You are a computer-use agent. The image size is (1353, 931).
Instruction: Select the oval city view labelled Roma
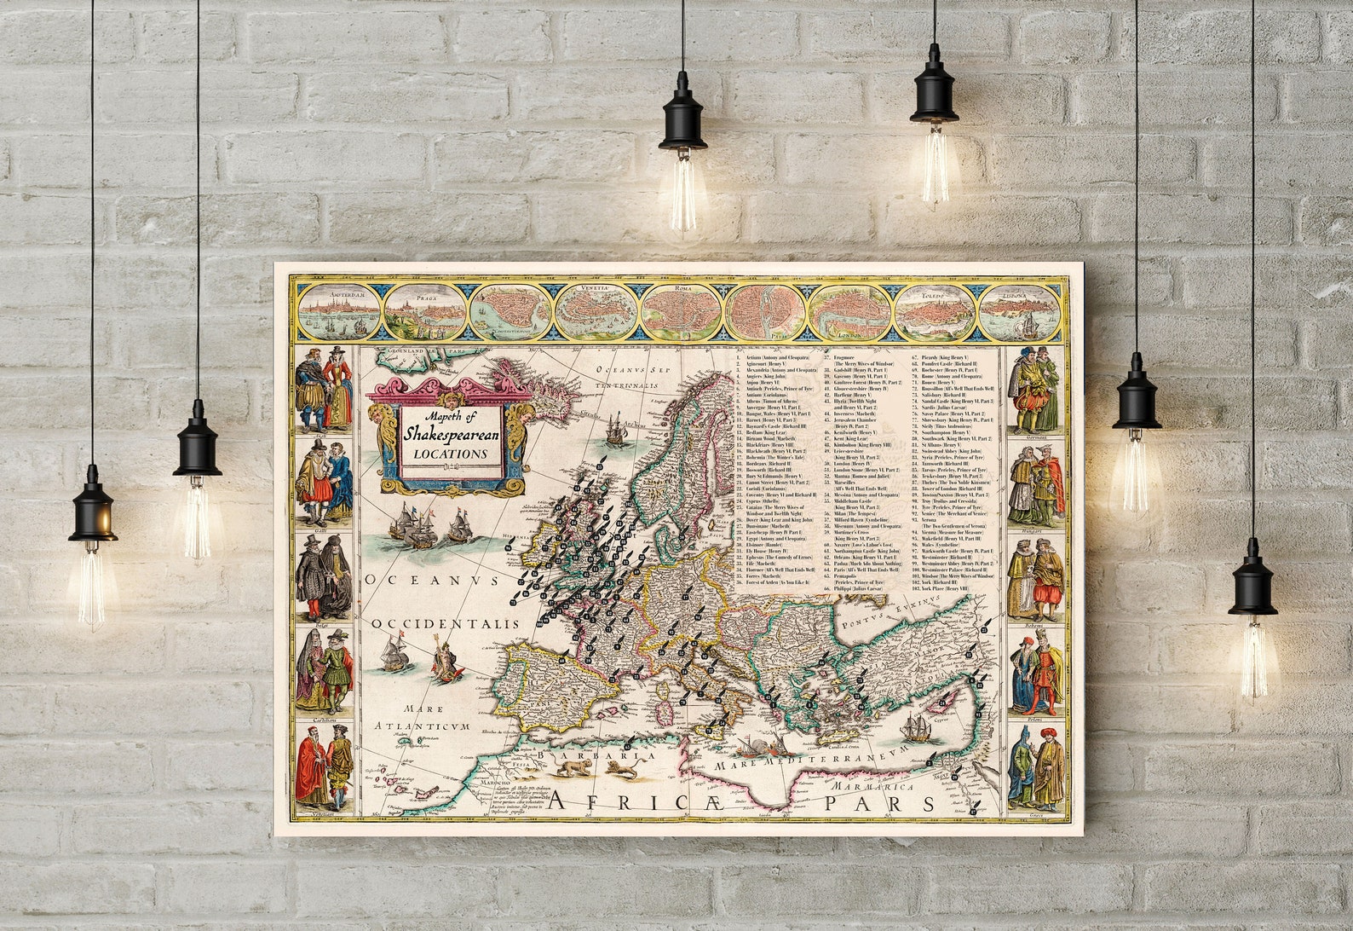point(681,311)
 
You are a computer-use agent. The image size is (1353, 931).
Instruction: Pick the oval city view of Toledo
point(935,311)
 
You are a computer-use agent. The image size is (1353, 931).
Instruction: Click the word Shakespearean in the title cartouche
point(452,434)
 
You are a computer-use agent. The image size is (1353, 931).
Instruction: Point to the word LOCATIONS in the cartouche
point(451,454)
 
